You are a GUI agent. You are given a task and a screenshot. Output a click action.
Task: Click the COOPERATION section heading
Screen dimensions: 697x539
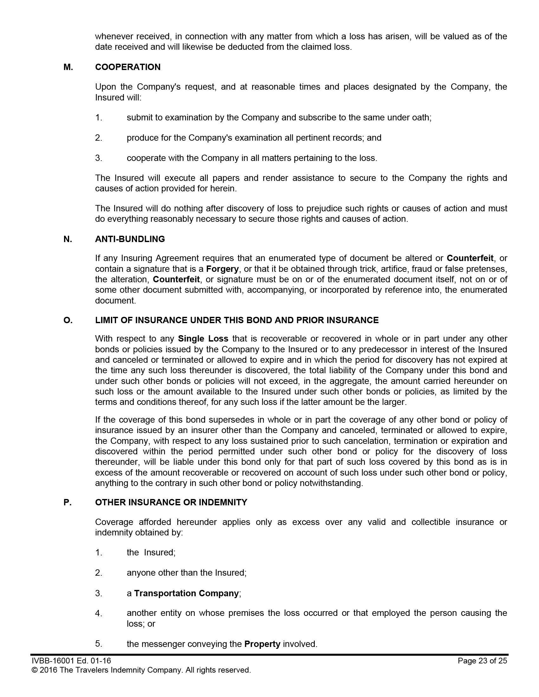coord(128,67)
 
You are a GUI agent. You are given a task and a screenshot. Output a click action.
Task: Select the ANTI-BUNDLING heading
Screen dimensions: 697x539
coord(130,239)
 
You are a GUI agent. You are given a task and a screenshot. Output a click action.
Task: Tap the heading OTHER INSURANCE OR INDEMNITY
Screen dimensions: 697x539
coord(171,502)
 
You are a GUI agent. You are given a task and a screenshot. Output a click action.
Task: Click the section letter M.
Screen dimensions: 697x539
coord(68,67)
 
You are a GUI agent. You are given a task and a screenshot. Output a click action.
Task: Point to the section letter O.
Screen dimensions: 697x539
coord(68,320)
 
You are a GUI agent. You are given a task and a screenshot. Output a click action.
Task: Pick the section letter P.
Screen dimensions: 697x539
coord(67,502)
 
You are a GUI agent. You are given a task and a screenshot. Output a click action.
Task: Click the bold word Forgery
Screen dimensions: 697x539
coord(222,269)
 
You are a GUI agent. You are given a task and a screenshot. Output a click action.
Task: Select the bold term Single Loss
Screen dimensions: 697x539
coord(203,338)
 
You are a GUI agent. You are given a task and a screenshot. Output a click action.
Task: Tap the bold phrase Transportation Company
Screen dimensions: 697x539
coord(186,593)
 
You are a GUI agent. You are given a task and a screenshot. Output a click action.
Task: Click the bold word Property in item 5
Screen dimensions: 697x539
coord(262,644)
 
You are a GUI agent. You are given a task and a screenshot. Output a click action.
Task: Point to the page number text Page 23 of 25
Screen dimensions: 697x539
coord(482,661)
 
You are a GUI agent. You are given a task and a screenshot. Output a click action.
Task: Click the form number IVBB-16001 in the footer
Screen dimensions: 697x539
coord(53,661)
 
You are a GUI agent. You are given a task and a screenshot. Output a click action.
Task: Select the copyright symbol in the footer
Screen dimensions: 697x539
coord(34,670)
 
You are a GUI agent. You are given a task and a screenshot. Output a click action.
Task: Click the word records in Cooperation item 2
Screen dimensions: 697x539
coord(350,137)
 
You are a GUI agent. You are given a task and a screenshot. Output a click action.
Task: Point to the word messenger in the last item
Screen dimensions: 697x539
coord(163,644)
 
